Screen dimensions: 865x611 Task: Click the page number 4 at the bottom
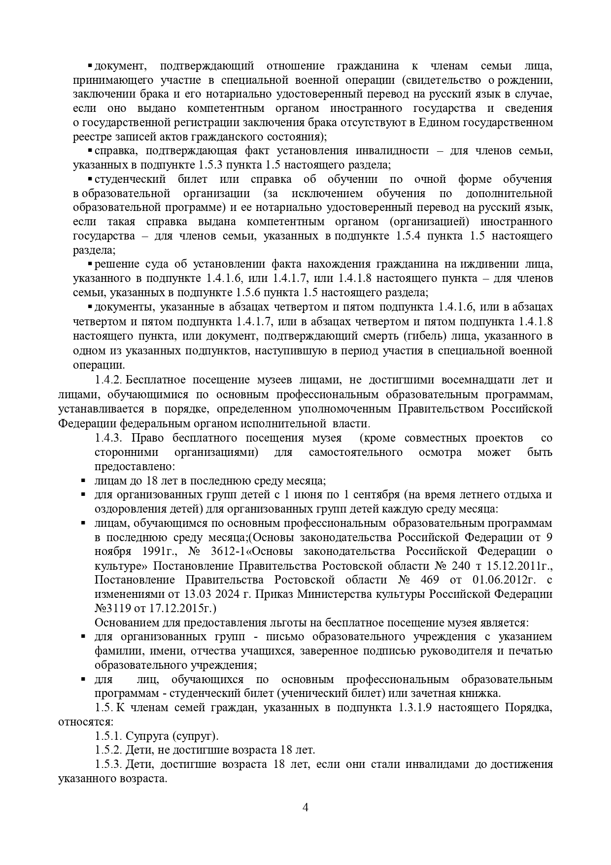305,807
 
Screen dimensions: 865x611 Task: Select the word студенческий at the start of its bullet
130,179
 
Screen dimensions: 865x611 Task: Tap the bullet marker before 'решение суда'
90,264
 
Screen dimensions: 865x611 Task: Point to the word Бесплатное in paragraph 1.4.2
155,380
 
